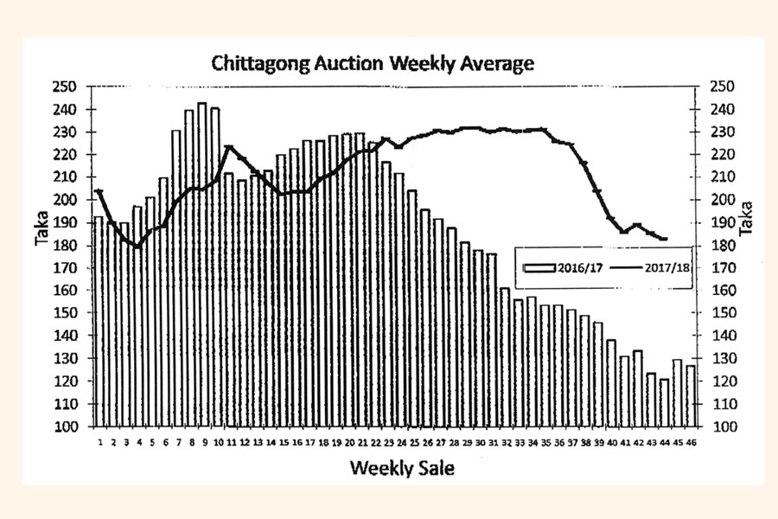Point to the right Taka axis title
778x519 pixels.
(748, 221)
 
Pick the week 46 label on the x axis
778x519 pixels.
(691, 442)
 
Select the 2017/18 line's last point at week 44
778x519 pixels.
(664, 239)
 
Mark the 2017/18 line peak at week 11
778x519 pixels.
(228, 147)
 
